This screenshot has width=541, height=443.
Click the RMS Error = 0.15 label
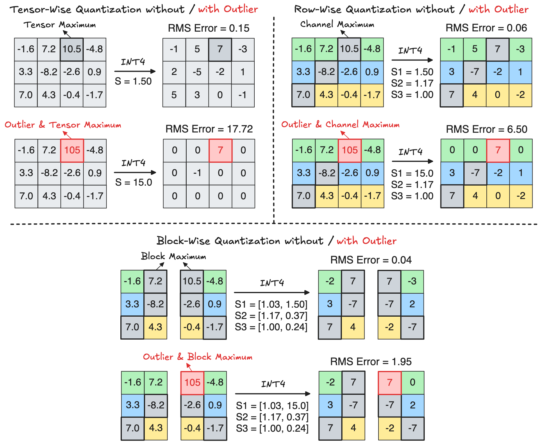(208, 28)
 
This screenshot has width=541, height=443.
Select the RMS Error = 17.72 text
(209, 129)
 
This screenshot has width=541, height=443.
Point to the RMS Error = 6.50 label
(486, 129)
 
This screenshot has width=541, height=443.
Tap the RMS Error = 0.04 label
(371, 260)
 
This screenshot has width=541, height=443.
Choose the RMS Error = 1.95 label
(371, 361)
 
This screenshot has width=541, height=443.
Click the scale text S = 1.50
(133, 81)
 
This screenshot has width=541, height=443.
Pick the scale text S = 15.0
(133, 182)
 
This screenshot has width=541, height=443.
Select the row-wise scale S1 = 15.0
(412, 173)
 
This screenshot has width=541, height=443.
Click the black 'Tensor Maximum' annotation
(60, 25)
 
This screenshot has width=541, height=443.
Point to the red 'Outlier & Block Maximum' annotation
(197, 356)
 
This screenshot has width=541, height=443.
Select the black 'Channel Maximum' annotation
(337, 24)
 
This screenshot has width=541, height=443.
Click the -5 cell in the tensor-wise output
(197, 72)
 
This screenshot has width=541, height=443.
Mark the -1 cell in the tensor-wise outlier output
(197, 173)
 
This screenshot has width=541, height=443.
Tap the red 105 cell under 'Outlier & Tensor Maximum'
(72, 150)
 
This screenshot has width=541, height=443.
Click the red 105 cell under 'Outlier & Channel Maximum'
(350, 150)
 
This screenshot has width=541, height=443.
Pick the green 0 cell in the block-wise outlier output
(413, 382)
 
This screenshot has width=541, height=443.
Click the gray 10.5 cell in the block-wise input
(192, 281)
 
